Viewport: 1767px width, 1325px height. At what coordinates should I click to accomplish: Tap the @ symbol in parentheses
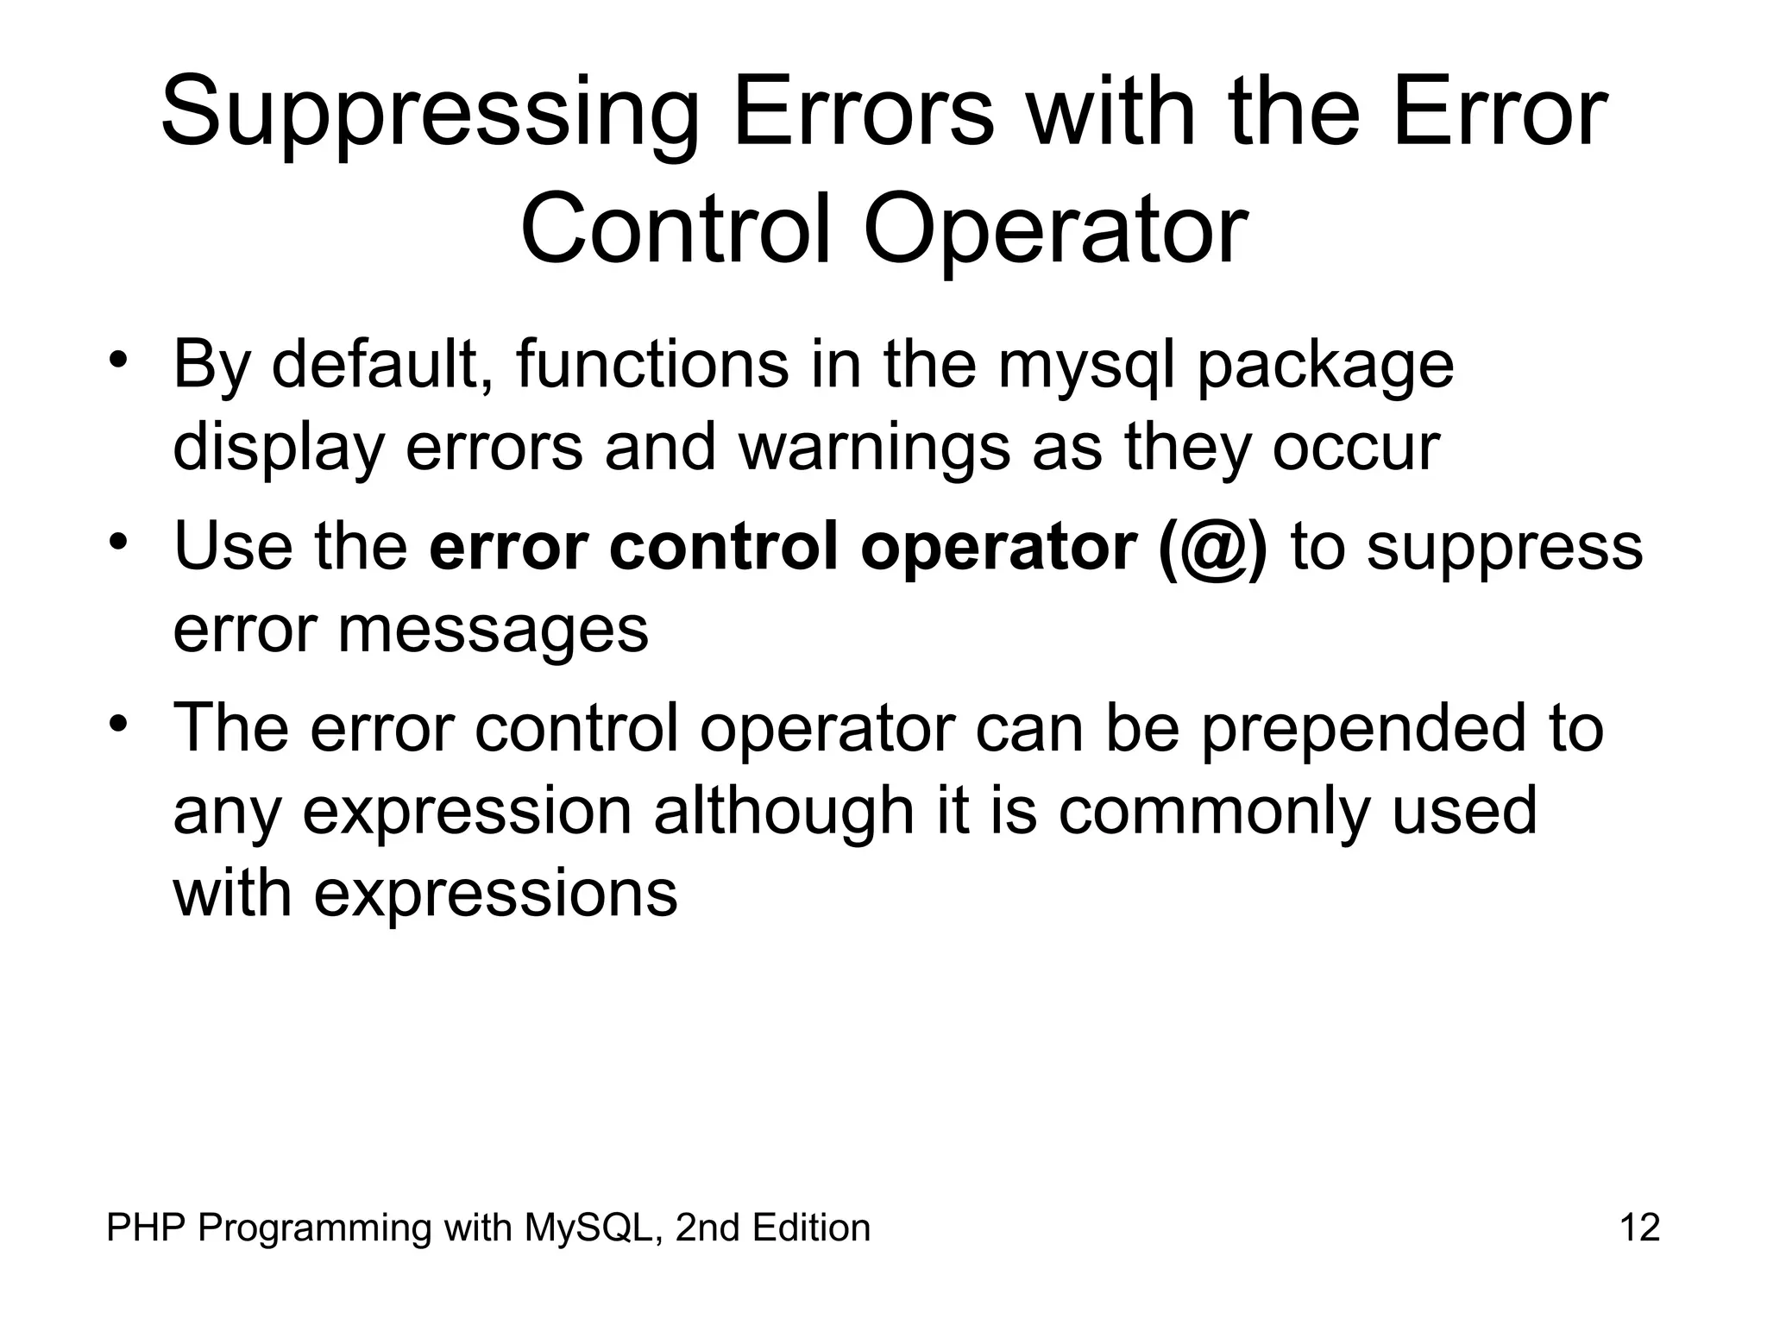[1213, 547]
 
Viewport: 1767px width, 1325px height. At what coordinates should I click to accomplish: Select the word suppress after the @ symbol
[1505, 549]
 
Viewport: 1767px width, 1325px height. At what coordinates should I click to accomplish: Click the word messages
[492, 631]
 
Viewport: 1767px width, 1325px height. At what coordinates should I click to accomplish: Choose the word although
[783, 811]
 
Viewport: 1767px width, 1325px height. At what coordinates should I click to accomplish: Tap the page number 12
[1639, 1228]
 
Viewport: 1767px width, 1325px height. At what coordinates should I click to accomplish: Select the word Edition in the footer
[811, 1228]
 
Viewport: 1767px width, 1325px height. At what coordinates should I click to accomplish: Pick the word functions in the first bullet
[652, 365]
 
